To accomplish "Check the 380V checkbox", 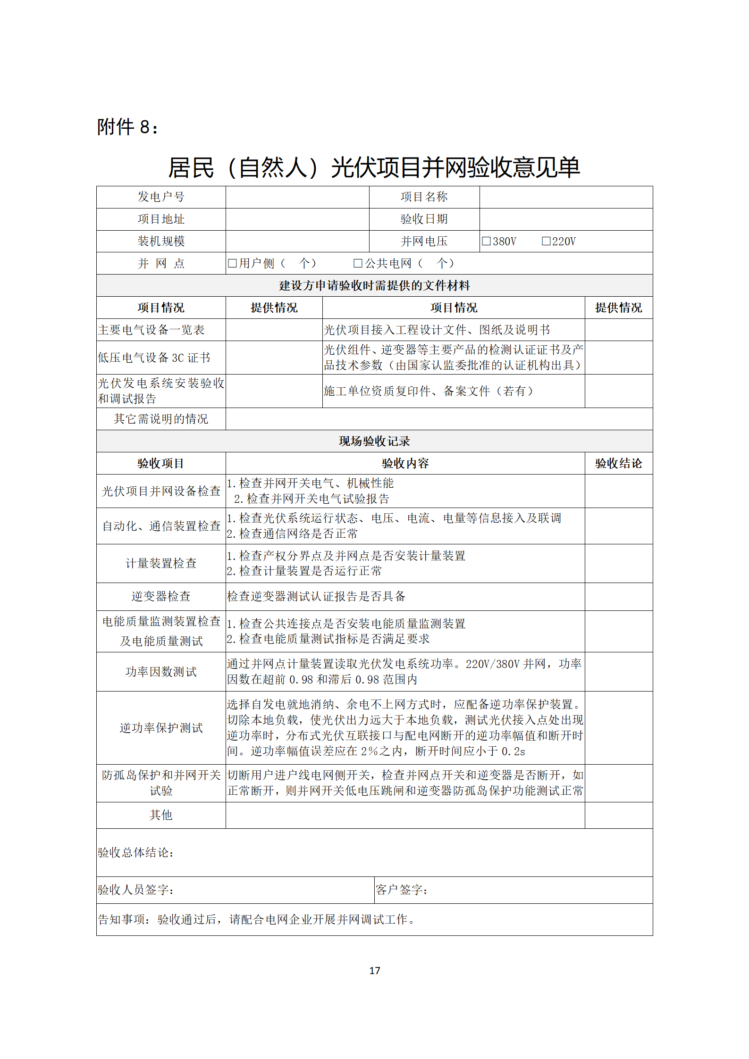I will [486, 241].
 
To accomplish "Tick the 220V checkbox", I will [546, 241].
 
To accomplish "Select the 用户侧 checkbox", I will [232, 263].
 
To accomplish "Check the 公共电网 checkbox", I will [358, 263].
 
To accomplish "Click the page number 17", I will [374, 970].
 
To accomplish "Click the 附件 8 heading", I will [127, 127].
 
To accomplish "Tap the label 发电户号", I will [161, 197].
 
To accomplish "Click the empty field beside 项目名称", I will [565, 197].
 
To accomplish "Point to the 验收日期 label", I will [424, 219].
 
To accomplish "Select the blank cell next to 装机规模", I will [297, 241].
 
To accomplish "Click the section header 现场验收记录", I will [374, 441].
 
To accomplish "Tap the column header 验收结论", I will [618, 463].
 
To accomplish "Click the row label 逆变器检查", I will [161, 596].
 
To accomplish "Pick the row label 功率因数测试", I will [161, 672].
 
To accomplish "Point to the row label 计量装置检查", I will [161, 563].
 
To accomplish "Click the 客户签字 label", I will [402, 890].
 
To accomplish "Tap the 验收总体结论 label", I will [136, 852].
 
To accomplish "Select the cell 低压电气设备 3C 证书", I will [154, 358].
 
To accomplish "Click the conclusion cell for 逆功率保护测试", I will [618, 728].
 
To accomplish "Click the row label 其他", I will [161, 815].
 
